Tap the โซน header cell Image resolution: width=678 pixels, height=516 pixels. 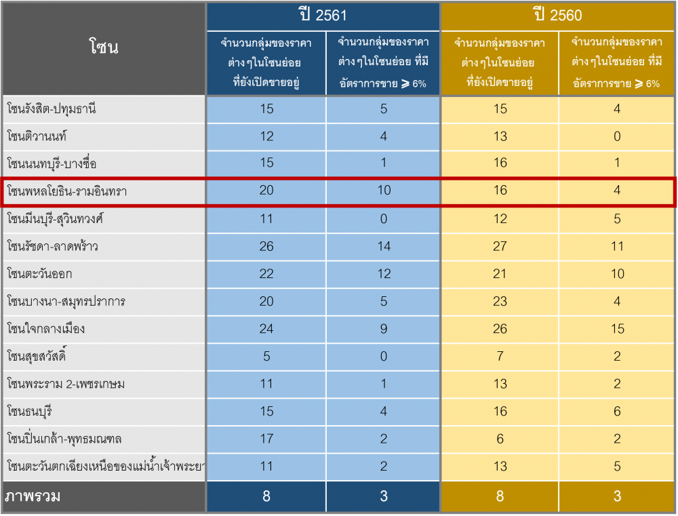point(104,47)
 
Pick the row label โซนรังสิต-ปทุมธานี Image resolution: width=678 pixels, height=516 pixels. point(52,109)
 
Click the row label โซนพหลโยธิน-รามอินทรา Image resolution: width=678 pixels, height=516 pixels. point(67,191)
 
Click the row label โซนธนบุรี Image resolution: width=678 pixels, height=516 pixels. point(33,412)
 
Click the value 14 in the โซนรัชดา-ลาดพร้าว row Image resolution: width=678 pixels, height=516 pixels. point(384,246)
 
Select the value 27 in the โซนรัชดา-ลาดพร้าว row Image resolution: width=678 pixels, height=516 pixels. point(500,246)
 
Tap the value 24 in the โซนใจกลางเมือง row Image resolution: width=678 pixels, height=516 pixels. point(266,329)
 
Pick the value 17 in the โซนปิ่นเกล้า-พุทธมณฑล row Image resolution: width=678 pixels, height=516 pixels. point(266,439)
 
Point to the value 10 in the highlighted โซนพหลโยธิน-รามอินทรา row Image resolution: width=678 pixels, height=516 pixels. point(384,191)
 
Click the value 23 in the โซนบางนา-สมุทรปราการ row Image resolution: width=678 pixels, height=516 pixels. point(500,301)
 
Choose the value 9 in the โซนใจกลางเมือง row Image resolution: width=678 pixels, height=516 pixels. point(384,329)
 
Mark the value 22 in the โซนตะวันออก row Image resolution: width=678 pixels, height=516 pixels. point(266,274)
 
